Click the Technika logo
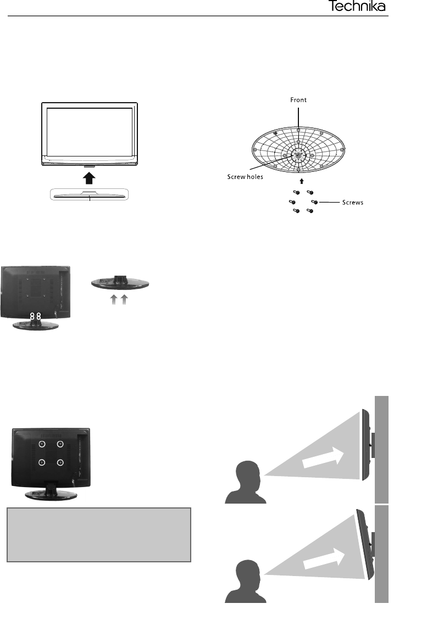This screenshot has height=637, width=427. coord(357,7)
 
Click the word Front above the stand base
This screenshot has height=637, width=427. coord(298,100)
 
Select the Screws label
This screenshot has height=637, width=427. coord(351,203)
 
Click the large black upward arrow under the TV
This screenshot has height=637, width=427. coord(90,176)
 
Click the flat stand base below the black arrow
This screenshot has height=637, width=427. coord(89,195)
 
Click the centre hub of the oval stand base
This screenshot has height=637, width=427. coord(298,155)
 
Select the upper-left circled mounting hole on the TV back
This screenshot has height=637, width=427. coord(41,444)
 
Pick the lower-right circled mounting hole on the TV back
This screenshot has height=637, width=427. coord(60,462)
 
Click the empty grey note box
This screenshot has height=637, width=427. coord(99,534)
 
